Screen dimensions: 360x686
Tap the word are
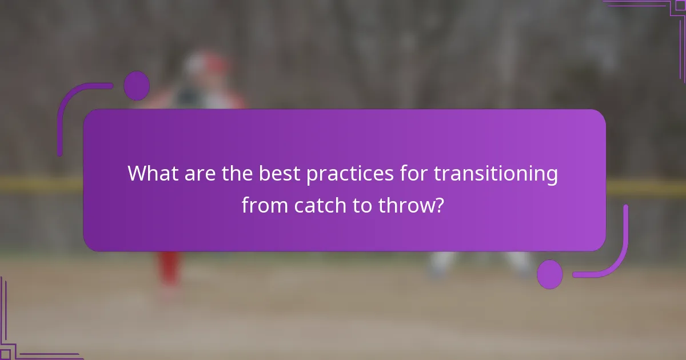click(x=197, y=173)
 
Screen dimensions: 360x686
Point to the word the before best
click(x=235, y=173)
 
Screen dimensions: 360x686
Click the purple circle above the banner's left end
click(x=137, y=86)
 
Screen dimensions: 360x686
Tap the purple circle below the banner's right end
click(x=550, y=274)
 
